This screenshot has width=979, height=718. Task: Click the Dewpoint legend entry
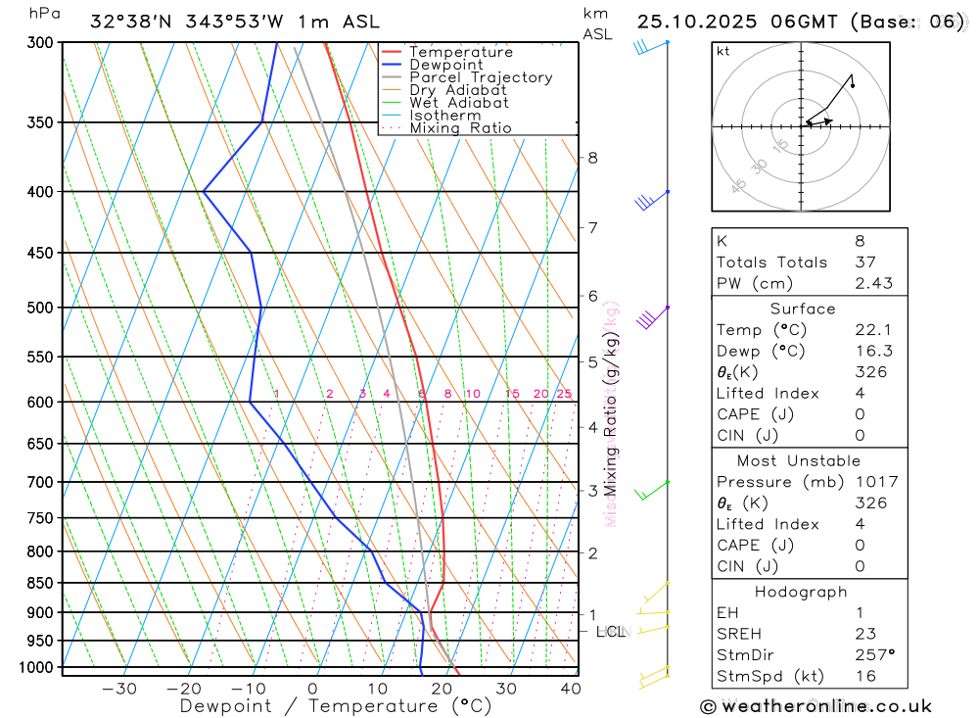[445, 65]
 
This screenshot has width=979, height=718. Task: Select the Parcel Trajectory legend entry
[481, 77]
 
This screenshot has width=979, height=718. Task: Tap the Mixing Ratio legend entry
[460, 127]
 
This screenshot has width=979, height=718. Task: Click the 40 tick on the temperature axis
[570, 689]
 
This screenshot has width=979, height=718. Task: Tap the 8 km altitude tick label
[592, 158]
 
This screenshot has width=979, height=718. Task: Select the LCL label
[610, 632]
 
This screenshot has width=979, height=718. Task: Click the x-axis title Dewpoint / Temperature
[335, 705]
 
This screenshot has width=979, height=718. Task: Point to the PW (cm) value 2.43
[873, 283]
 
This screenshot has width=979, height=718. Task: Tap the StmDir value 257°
[874, 654]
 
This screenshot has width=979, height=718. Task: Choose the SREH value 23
[865, 634]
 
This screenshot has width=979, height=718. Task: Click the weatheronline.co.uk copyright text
[816, 706]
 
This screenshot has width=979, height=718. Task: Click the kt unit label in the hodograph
[723, 51]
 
